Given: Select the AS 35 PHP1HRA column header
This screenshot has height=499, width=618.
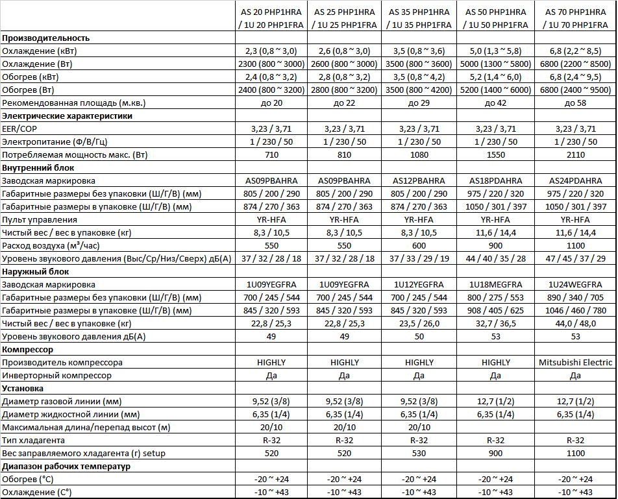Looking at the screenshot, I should [419, 18].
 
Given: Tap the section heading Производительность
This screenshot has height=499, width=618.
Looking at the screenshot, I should [46, 38].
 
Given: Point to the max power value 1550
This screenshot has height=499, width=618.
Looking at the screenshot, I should [495, 155].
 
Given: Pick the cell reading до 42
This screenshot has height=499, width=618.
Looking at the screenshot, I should [495, 103].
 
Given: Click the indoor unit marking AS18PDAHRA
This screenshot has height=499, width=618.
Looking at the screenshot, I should [495, 181].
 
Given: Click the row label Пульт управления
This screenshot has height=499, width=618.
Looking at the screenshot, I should [38, 220].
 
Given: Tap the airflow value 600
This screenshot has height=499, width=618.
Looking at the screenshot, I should [419, 246].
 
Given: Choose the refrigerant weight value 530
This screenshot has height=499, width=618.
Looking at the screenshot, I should [419, 453].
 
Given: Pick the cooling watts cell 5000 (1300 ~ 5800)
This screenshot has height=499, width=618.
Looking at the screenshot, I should [495, 64].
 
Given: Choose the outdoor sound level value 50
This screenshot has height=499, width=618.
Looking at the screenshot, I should [419, 337].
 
